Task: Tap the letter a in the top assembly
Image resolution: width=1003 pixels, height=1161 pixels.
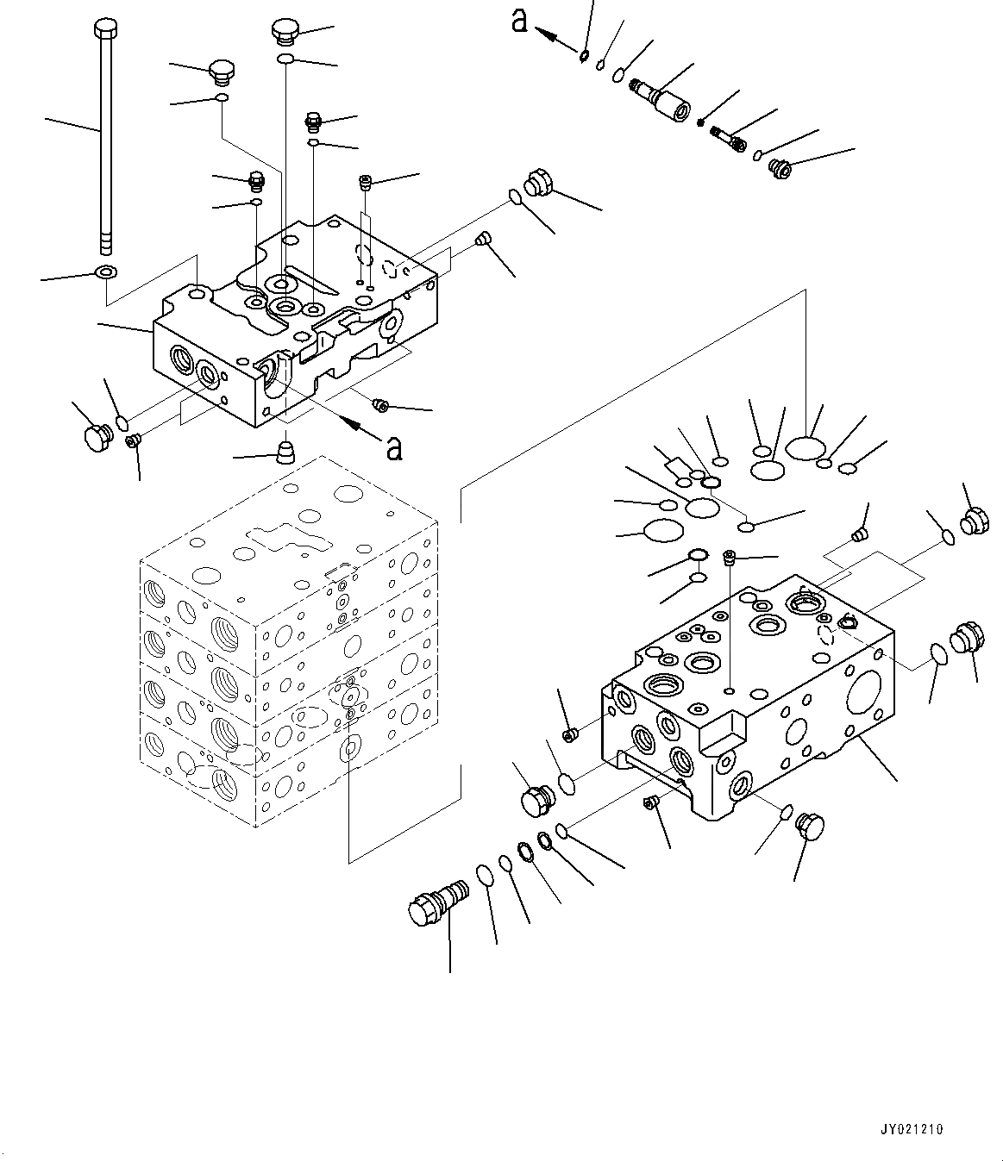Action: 519,21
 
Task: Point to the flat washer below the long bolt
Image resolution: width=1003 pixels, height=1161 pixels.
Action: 105,273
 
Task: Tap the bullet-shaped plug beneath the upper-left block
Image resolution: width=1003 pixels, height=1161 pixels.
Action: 286,451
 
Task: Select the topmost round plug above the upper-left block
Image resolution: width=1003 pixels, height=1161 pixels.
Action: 285,32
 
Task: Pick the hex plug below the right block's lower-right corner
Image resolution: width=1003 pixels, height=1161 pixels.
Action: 811,826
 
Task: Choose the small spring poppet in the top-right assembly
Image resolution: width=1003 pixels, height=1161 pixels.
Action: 729,138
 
